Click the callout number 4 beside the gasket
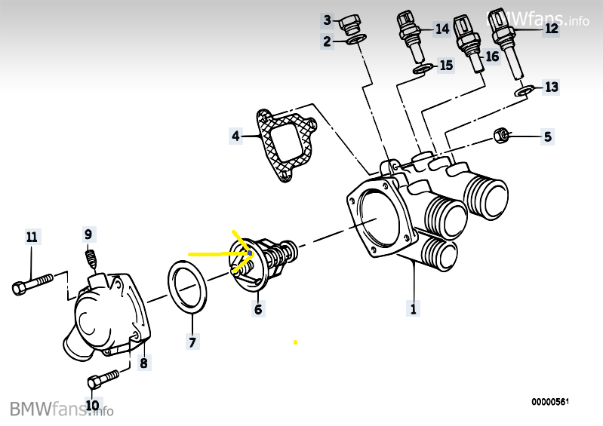tap(235, 136)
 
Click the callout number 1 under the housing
tap(413, 308)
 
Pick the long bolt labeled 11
tap(32, 283)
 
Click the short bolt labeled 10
tap(103, 379)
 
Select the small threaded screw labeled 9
tap(90, 259)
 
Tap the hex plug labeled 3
tap(351, 23)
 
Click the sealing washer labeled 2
tap(356, 39)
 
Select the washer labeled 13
tap(524, 91)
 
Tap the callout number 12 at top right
tap(551, 28)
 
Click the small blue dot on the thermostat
tap(250, 253)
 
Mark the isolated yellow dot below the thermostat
tap(295, 342)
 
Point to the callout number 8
tap(143, 363)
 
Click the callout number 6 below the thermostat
tap(258, 309)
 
